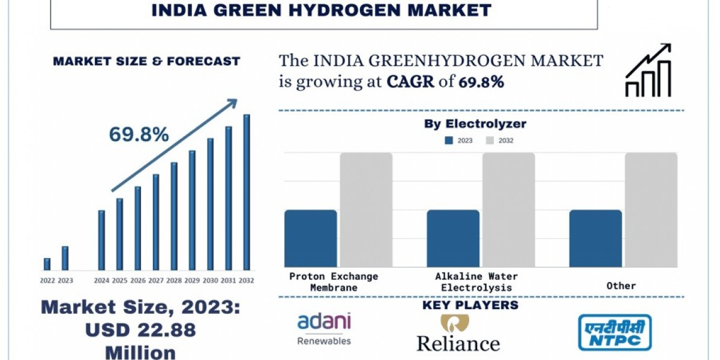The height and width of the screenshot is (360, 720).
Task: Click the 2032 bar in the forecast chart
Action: [246, 192]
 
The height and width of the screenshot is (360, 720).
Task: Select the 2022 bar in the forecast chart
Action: [47, 264]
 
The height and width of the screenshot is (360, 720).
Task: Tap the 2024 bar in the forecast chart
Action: [101, 240]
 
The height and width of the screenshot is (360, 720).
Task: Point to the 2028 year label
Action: [173, 280]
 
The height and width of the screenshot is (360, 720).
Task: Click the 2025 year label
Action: [119, 280]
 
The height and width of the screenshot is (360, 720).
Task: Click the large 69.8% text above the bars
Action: [139, 135]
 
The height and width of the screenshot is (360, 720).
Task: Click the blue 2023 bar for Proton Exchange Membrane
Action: [310, 238]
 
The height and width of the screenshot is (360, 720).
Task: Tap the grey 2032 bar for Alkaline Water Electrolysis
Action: [508, 209]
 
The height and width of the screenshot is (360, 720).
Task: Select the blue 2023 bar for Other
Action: [595, 238]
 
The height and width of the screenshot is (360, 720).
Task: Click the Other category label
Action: [621, 286]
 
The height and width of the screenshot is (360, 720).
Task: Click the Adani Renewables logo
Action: [324, 328]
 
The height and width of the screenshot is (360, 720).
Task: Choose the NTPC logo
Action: [614, 332]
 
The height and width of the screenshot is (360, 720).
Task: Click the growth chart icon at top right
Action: [648, 71]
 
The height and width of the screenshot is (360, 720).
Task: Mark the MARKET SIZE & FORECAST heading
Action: [146, 61]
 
